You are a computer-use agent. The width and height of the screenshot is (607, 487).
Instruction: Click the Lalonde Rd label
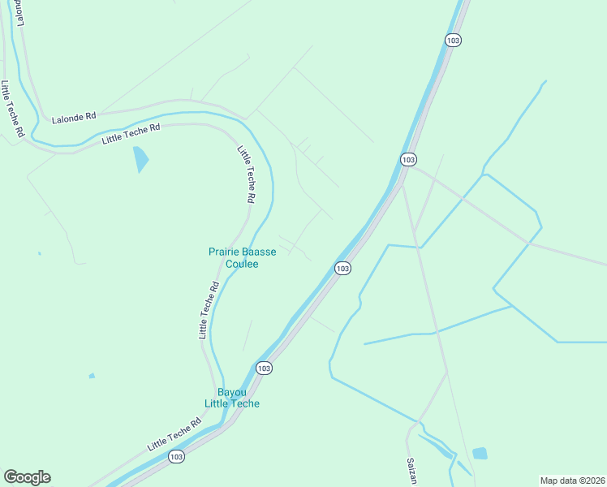point(74,118)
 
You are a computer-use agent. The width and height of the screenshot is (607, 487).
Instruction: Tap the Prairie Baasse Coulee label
point(243,258)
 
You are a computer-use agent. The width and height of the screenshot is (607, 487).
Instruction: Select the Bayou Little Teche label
point(232,398)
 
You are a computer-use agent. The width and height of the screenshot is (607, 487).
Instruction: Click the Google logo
point(27,477)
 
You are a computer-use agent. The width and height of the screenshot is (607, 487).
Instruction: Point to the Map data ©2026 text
point(571,480)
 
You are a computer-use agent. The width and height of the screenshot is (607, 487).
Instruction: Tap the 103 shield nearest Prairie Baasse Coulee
point(343,268)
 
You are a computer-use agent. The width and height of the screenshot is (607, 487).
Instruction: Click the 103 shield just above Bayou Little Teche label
point(264,368)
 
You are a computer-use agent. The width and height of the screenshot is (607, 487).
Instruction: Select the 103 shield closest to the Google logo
point(178,457)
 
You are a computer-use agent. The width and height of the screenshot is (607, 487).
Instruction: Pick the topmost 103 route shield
point(454,39)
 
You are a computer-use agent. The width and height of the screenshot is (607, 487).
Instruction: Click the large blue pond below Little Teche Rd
point(141,159)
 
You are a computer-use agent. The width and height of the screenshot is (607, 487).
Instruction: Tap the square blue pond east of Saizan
point(480,454)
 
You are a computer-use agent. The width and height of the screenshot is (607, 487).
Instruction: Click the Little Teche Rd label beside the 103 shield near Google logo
point(174,436)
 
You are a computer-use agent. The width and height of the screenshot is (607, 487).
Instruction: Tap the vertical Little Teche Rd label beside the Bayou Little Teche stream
point(209,310)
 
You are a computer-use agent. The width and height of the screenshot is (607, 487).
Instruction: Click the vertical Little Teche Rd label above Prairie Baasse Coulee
point(247,174)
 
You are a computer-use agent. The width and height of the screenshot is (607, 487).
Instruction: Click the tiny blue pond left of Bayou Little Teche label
point(92,376)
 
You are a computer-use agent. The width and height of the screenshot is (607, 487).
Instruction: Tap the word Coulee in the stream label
point(242,264)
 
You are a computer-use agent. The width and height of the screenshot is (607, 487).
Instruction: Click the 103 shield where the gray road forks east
point(408,159)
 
